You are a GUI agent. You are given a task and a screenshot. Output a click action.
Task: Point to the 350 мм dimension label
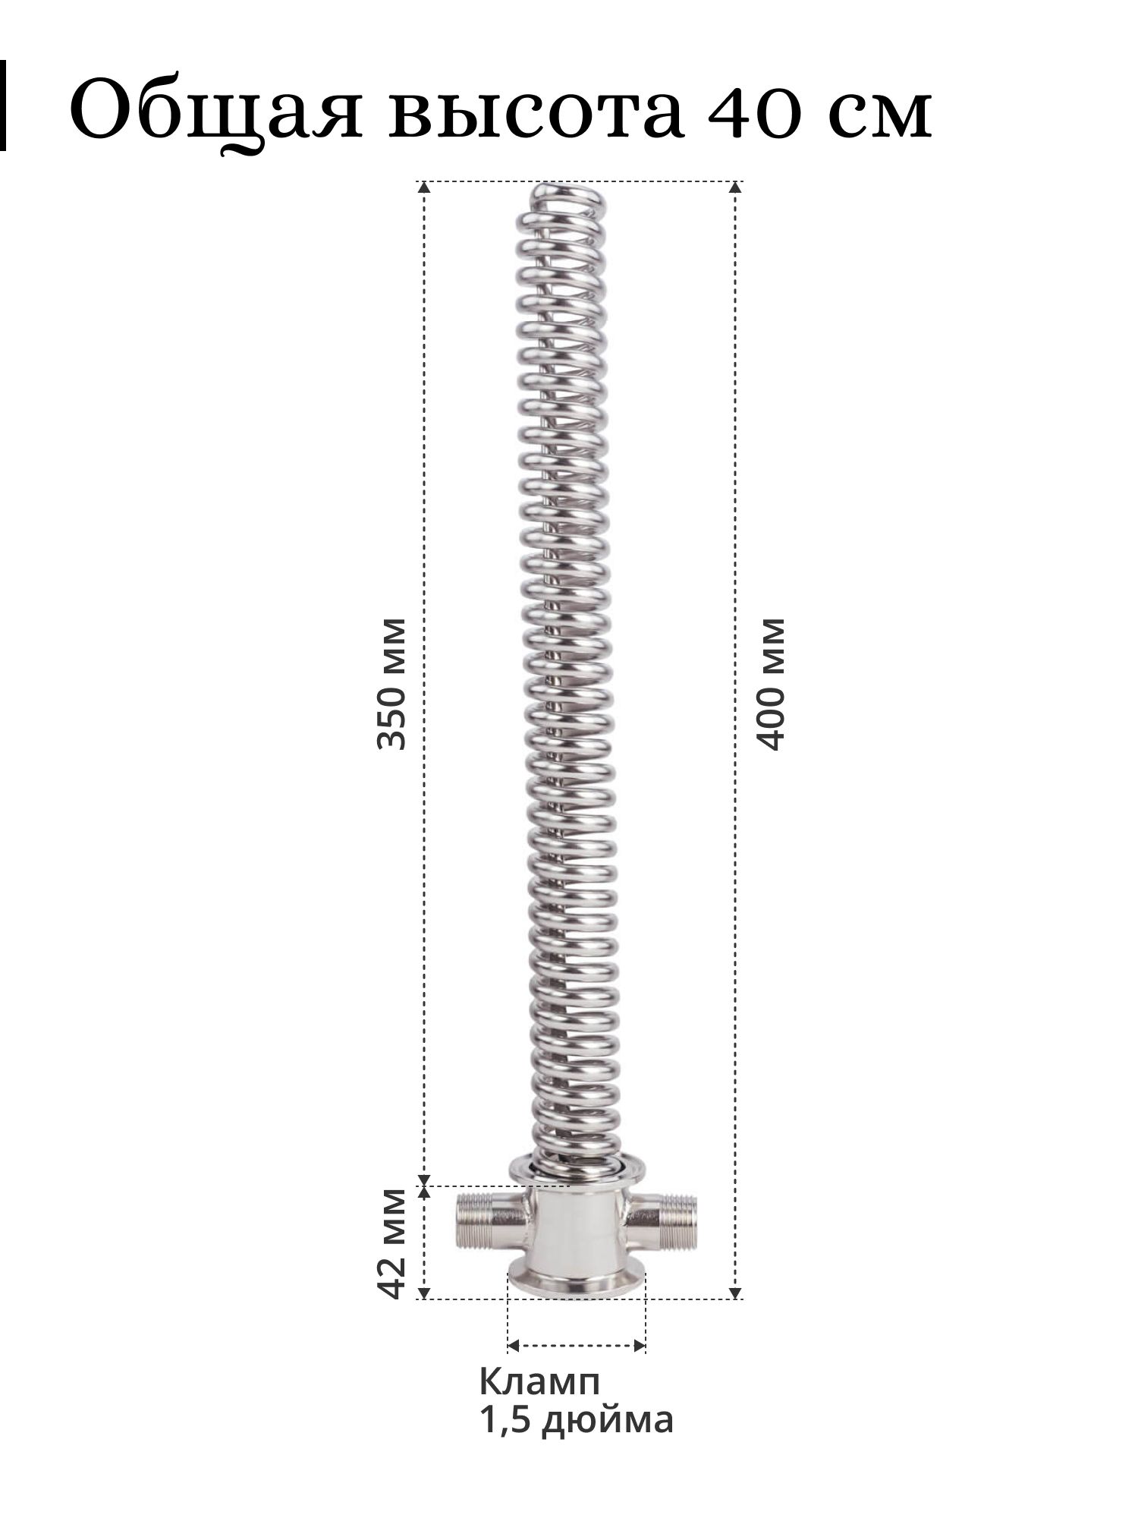392,684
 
